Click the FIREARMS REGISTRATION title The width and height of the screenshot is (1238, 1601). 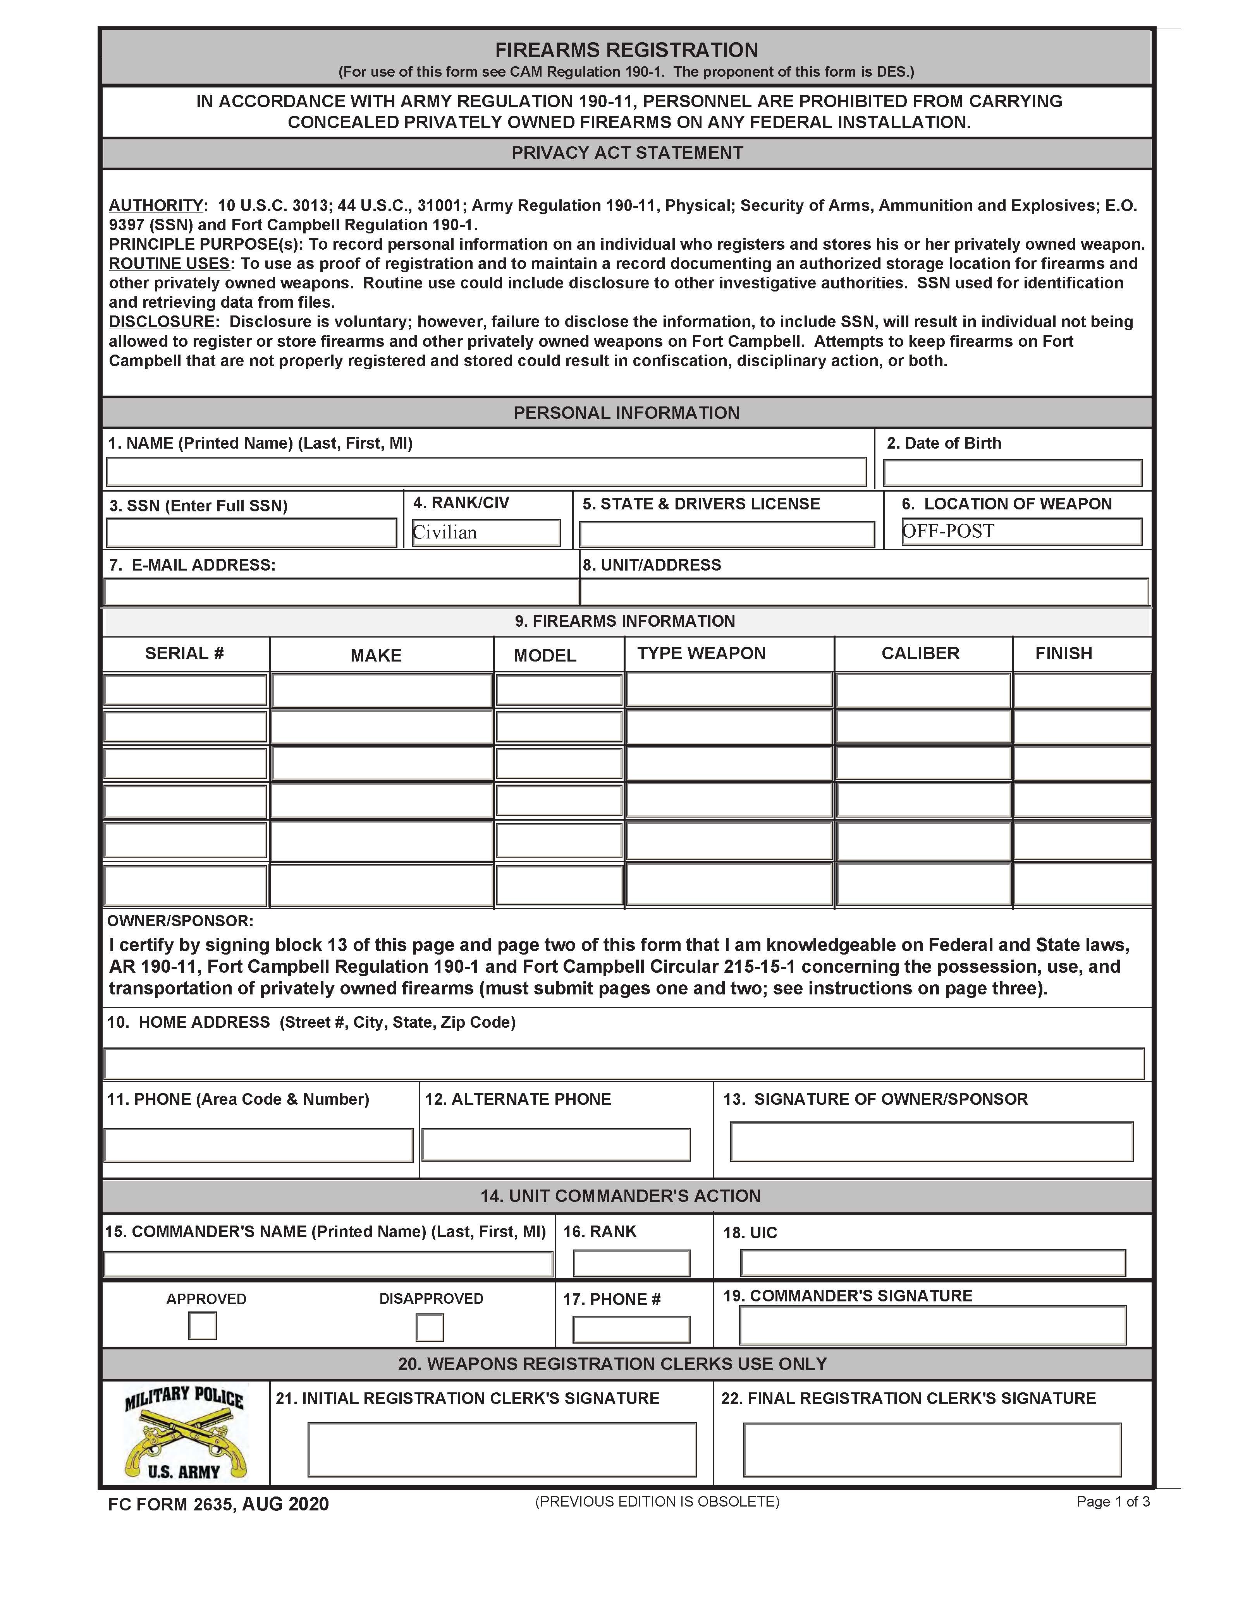coord(626,50)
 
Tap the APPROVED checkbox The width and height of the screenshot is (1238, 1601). coord(203,1325)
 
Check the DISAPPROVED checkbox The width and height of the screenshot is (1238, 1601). coord(430,1327)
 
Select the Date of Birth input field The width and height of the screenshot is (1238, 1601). coord(1012,473)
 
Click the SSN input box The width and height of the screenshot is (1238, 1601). coord(251,533)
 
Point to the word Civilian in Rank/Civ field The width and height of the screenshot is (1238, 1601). coord(445,532)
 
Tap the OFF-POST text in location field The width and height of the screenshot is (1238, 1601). coord(948,531)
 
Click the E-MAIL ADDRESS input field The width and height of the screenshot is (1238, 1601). coord(341,591)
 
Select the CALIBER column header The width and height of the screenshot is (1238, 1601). coord(920,653)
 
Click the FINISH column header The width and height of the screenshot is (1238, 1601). coord(1063,653)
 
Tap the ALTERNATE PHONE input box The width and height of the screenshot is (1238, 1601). coord(556,1144)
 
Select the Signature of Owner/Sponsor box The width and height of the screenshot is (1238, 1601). coord(932,1142)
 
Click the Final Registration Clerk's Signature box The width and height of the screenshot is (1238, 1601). coord(932,1449)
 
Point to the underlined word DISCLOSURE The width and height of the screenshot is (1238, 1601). coord(162,322)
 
